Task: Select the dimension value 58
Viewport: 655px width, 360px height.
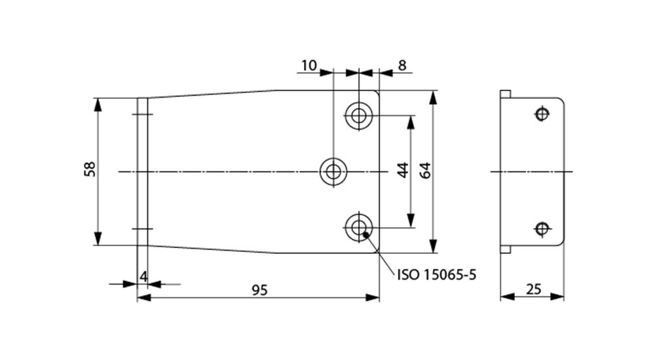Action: [x=90, y=169]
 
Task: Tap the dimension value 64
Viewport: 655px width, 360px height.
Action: [x=424, y=171]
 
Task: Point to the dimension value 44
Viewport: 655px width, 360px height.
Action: [x=403, y=170]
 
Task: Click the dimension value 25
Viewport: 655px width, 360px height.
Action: [x=533, y=289]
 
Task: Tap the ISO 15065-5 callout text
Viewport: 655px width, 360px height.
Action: [x=436, y=274]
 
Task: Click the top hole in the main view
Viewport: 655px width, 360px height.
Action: [x=358, y=116]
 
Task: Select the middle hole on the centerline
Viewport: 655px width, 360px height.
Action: [x=333, y=172]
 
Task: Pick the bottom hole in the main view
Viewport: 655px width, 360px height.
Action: [x=358, y=228]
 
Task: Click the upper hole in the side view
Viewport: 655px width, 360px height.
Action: [x=541, y=114]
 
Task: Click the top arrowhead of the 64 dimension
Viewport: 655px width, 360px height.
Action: [x=433, y=96]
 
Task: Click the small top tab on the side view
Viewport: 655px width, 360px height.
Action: [x=506, y=94]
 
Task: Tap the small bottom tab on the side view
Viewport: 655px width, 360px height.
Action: [x=506, y=249]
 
